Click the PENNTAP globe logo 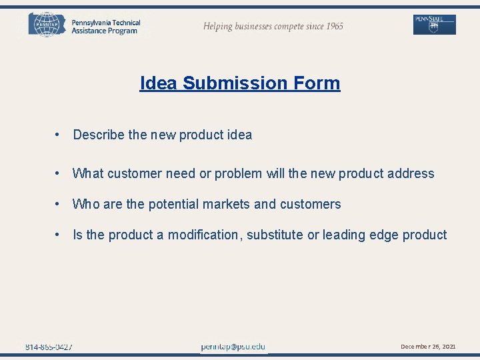46,24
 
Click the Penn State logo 435,25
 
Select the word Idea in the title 159,83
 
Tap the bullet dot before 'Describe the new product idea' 59,135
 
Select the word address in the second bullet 410,174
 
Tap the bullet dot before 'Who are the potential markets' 59,205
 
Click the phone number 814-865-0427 49,347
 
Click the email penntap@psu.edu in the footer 233,347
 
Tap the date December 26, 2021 428,347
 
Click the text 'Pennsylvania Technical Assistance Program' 105,27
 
